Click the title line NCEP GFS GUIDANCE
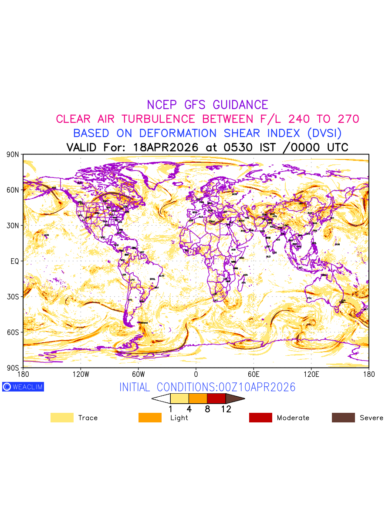207,105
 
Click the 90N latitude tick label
13,154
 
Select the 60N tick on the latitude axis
13,190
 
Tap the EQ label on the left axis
14,261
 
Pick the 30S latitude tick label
13,297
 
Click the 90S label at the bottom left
13,368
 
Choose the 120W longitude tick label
81,374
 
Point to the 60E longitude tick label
253,374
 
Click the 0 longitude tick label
196,374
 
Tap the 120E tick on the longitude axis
311,374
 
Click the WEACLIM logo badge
23,387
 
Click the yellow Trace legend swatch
62,418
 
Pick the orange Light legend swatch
150,418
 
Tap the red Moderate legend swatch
260,418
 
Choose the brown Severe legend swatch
343,418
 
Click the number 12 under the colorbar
226,409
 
